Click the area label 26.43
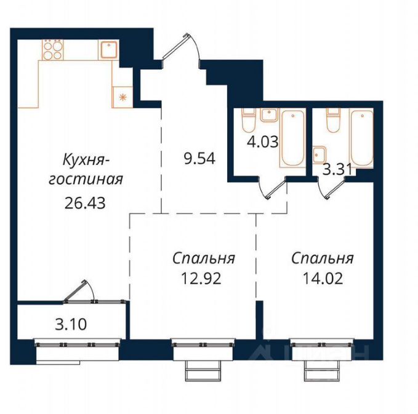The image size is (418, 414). [85, 203]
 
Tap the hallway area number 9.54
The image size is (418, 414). [199, 159]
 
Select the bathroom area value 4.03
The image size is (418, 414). [263, 141]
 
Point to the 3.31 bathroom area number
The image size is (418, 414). [338, 169]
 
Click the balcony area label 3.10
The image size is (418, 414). [71, 325]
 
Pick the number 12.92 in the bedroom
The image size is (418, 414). [201, 279]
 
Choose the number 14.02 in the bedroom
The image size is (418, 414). [323, 279]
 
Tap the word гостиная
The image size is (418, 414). [86, 180]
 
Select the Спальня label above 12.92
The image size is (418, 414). [204, 258]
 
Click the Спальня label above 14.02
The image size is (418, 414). [323, 258]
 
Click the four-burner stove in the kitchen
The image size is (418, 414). [53, 50]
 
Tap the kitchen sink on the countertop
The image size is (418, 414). [109, 50]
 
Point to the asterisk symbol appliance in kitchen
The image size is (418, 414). [123, 97]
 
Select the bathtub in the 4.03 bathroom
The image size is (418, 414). [292, 138]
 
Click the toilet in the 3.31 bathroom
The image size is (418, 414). [334, 121]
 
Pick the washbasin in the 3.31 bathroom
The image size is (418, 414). [319, 154]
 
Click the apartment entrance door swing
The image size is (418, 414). [182, 50]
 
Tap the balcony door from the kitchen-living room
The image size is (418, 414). [79, 292]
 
